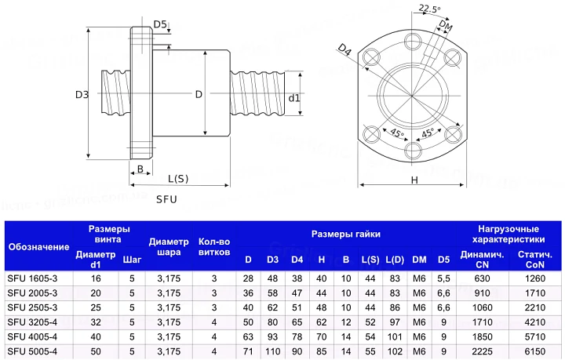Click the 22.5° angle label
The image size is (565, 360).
click(429, 9)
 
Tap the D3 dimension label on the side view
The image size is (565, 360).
click(82, 95)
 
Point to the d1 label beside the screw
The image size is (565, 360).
click(294, 98)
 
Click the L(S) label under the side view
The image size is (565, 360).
click(178, 179)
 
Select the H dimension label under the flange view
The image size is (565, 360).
click(414, 180)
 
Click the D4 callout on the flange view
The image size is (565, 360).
click(344, 49)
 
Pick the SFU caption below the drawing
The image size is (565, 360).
click(166, 199)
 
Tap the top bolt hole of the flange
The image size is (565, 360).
click(412, 42)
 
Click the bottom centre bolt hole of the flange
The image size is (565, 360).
click(412, 151)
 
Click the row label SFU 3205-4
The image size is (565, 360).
click(32, 322)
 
